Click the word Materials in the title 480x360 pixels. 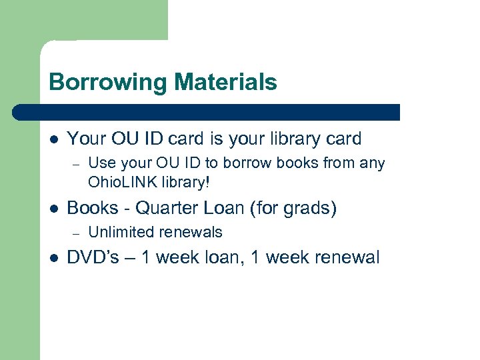pos(225,82)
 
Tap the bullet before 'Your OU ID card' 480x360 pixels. pos(53,139)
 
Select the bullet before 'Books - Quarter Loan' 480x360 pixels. pos(53,209)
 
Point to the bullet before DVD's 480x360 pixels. pos(53,257)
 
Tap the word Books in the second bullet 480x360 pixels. pos(92,208)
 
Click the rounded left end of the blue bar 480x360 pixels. pos(17,112)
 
